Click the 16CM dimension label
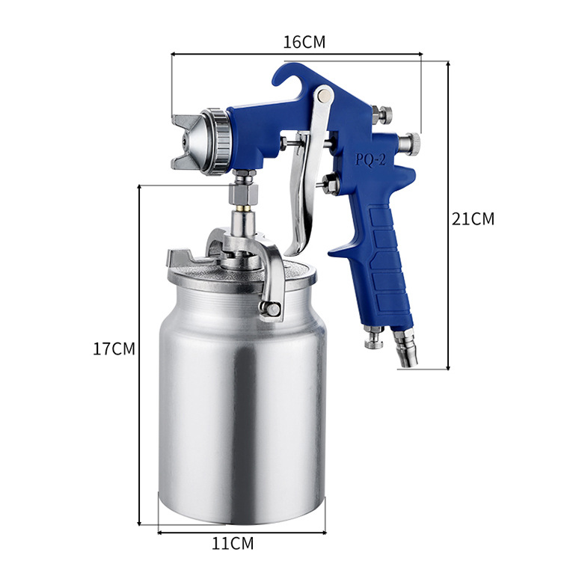(304, 42)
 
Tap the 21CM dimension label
(473, 218)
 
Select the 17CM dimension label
(114, 349)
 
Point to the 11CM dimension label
(233, 544)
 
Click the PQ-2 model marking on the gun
(370, 159)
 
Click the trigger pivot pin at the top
(325, 94)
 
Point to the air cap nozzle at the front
(187, 142)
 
